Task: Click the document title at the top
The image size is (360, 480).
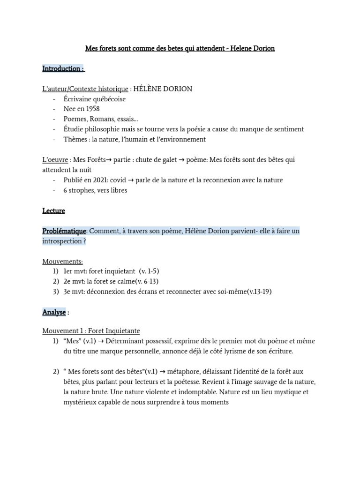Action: [180, 48]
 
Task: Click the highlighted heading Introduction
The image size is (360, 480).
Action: [63, 69]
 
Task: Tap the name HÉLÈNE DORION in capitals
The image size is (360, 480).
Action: [163, 89]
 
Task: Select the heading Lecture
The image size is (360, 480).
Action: [53, 211]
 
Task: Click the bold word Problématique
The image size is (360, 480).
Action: [64, 231]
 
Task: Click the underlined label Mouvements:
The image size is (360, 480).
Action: [62, 261]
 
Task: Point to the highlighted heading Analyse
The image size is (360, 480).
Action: [54, 312]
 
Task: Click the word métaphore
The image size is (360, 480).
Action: [183, 372]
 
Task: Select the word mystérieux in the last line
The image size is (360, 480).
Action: [81, 402]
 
